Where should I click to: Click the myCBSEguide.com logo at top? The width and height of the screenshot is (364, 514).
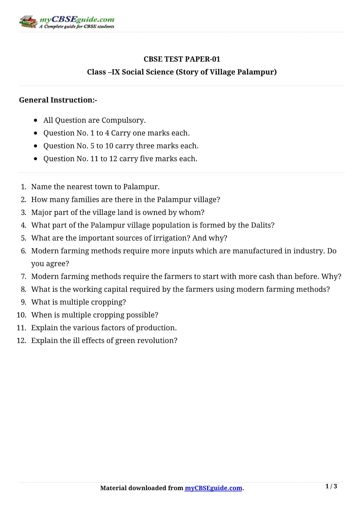click(x=67, y=22)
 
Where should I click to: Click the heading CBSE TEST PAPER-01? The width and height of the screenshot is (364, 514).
click(x=182, y=59)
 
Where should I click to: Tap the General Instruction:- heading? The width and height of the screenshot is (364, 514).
click(x=58, y=100)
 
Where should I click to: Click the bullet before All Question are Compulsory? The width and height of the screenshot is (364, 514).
click(x=35, y=120)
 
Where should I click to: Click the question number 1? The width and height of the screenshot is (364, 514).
click(x=23, y=187)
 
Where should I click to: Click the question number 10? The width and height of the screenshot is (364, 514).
click(x=22, y=315)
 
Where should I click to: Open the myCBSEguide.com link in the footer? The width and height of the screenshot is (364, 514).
click(x=213, y=488)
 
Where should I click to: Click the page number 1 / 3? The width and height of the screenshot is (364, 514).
click(x=331, y=486)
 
